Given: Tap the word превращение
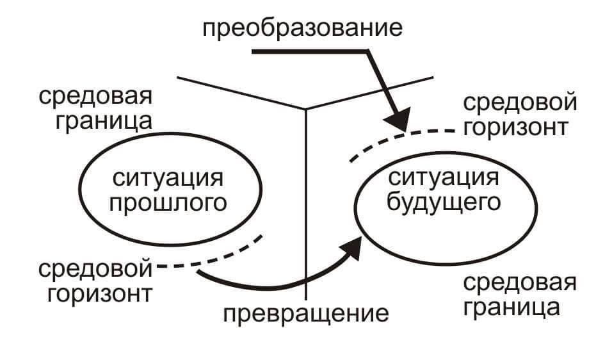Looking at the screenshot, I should point(306,314).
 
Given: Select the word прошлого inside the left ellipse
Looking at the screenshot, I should point(169,203).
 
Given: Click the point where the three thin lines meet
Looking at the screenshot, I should point(307,108).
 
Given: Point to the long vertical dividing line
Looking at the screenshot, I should point(307,205).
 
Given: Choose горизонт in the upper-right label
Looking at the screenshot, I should point(515,127).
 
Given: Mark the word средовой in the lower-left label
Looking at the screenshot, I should point(96,269).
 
